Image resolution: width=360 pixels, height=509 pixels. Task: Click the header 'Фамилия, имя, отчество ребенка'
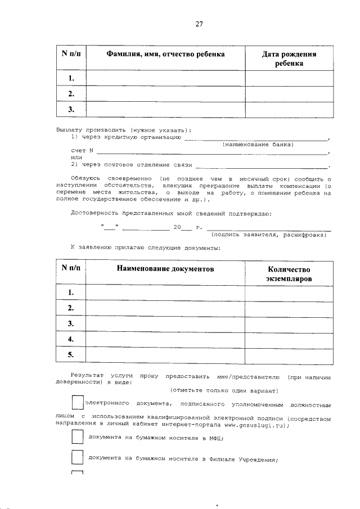point(165,54)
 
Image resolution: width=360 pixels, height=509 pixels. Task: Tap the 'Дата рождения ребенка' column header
point(289,58)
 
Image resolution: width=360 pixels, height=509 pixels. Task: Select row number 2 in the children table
point(71,93)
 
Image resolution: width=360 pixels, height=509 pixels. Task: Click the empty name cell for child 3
point(165,110)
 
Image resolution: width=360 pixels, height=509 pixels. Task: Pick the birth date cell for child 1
point(289,78)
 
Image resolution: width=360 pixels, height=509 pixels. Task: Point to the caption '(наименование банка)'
point(258,145)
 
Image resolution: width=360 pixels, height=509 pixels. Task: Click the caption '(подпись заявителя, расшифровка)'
point(269,235)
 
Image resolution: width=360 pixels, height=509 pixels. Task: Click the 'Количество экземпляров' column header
point(289,274)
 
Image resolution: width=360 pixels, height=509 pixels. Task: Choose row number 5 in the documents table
point(71,355)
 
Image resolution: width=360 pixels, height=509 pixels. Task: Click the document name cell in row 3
point(165,323)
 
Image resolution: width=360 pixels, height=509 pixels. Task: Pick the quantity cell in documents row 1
point(289,292)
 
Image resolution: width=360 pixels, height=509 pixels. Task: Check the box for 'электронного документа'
point(78,403)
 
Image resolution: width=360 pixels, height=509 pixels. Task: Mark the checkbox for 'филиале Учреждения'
point(77,458)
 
